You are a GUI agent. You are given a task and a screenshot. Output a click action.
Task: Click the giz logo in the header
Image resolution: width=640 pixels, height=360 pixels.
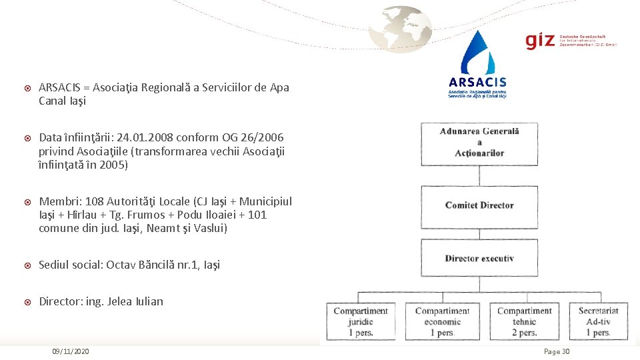(540, 41)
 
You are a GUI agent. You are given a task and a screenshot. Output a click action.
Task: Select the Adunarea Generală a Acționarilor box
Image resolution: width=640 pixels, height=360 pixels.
(479, 142)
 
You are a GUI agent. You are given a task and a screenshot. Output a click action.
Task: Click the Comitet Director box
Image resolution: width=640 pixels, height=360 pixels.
(479, 206)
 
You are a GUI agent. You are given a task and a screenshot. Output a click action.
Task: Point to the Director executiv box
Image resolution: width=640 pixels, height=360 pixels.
(479, 259)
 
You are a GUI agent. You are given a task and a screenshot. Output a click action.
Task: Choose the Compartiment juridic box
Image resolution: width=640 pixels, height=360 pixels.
(361, 321)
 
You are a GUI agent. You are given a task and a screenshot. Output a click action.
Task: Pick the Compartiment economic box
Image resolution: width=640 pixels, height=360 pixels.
(442, 321)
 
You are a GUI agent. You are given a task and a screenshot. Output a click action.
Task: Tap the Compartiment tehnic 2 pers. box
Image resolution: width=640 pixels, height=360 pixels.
(525, 321)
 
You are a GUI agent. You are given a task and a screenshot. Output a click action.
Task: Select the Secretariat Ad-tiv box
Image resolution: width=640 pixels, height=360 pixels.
(598, 321)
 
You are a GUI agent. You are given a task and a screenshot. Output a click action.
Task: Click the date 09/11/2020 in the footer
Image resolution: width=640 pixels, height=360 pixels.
(71, 351)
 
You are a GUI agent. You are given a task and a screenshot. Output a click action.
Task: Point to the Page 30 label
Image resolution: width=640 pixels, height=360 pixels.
(557, 351)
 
